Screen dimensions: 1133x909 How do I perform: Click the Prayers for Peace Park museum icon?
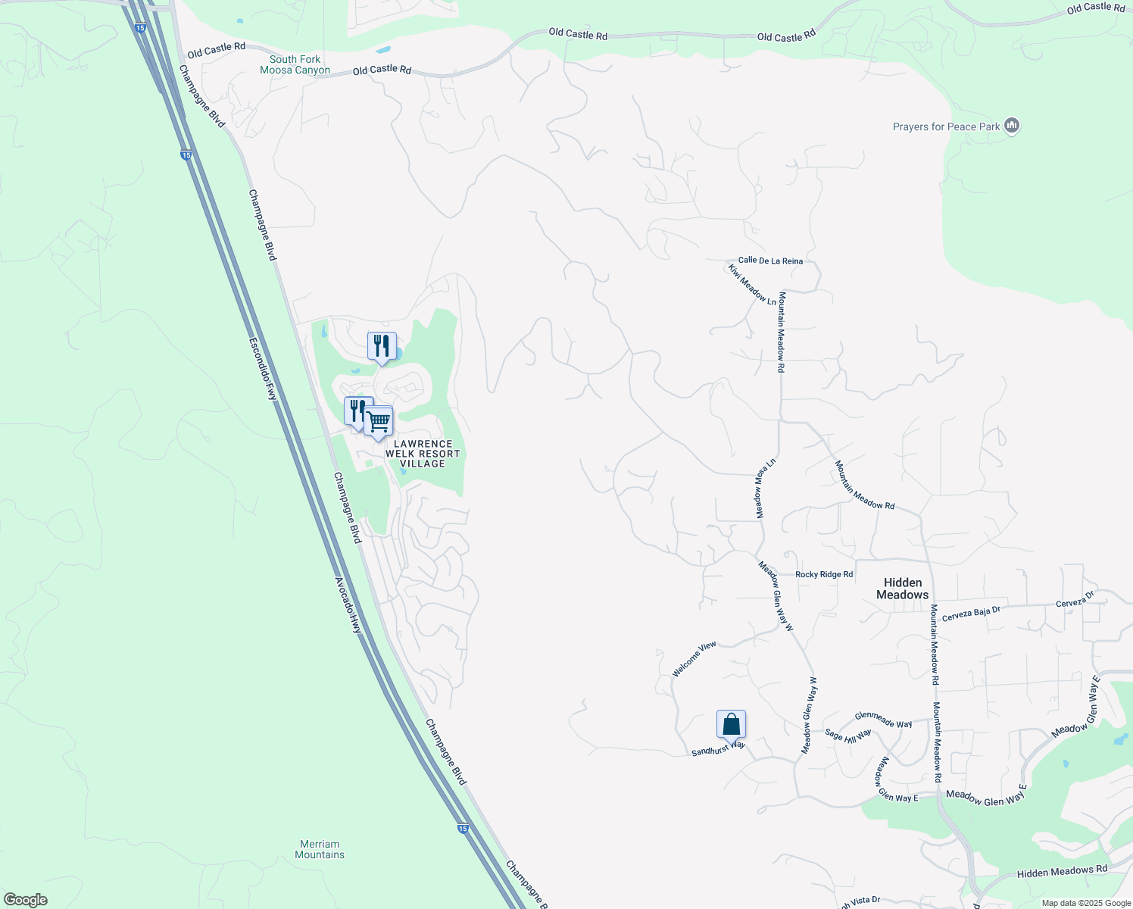pyautogui.click(x=1012, y=126)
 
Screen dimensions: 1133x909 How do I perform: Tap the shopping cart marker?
pyautogui.click(x=379, y=422)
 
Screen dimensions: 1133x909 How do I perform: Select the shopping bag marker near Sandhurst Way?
pyautogui.click(x=731, y=724)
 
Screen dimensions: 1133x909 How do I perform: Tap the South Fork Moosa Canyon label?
pyautogui.click(x=295, y=64)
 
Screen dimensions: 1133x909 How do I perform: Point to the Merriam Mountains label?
pyautogui.click(x=320, y=849)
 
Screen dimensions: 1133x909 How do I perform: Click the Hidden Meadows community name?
pyautogui.click(x=902, y=589)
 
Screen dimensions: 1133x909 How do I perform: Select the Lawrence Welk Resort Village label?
pyautogui.click(x=422, y=454)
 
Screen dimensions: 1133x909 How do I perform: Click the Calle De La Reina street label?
pyautogui.click(x=770, y=261)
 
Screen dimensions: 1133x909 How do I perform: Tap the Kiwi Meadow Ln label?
pyautogui.click(x=752, y=285)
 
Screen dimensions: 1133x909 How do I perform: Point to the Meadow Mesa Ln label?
pyautogui.click(x=766, y=489)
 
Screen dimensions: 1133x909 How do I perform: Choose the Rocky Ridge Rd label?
pyautogui.click(x=824, y=574)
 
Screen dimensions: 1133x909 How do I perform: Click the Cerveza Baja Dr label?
pyautogui.click(x=971, y=614)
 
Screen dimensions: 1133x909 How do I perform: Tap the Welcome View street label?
pyautogui.click(x=694, y=659)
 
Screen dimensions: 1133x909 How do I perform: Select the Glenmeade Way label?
pyautogui.click(x=883, y=720)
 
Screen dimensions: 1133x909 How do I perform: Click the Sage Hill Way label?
pyautogui.click(x=847, y=735)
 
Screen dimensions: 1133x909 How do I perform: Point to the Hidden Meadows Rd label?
pyautogui.click(x=1062, y=873)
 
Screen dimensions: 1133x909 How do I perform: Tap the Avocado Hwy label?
pyautogui.click(x=348, y=605)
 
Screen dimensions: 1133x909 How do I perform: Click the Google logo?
pyautogui.click(x=26, y=900)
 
